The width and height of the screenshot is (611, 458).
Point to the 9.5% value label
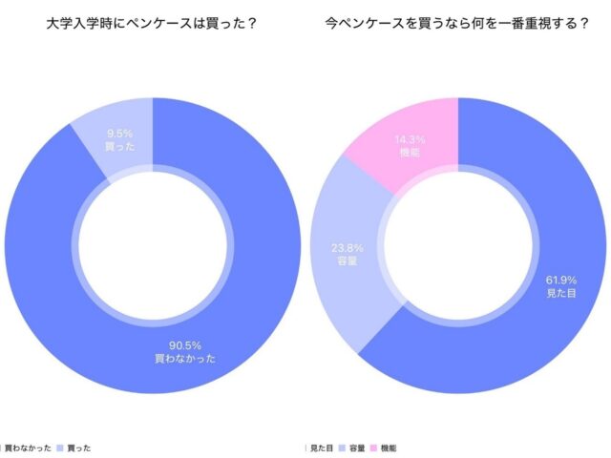pyautogui.click(x=119, y=135)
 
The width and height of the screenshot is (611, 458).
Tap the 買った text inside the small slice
pyautogui.click(x=119, y=148)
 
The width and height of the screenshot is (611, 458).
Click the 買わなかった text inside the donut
pyautogui.click(x=184, y=359)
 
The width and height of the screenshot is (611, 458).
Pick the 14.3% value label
pyautogui.click(x=411, y=139)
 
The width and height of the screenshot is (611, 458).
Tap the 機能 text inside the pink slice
pyautogui.click(x=411, y=153)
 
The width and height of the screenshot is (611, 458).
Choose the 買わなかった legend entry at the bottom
pyautogui.click(x=26, y=447)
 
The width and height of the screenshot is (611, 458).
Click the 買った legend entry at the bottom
pyautogui.click(x=78, y=447)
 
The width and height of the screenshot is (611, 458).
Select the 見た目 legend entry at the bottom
pyautogui.click(x=324, y=447)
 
